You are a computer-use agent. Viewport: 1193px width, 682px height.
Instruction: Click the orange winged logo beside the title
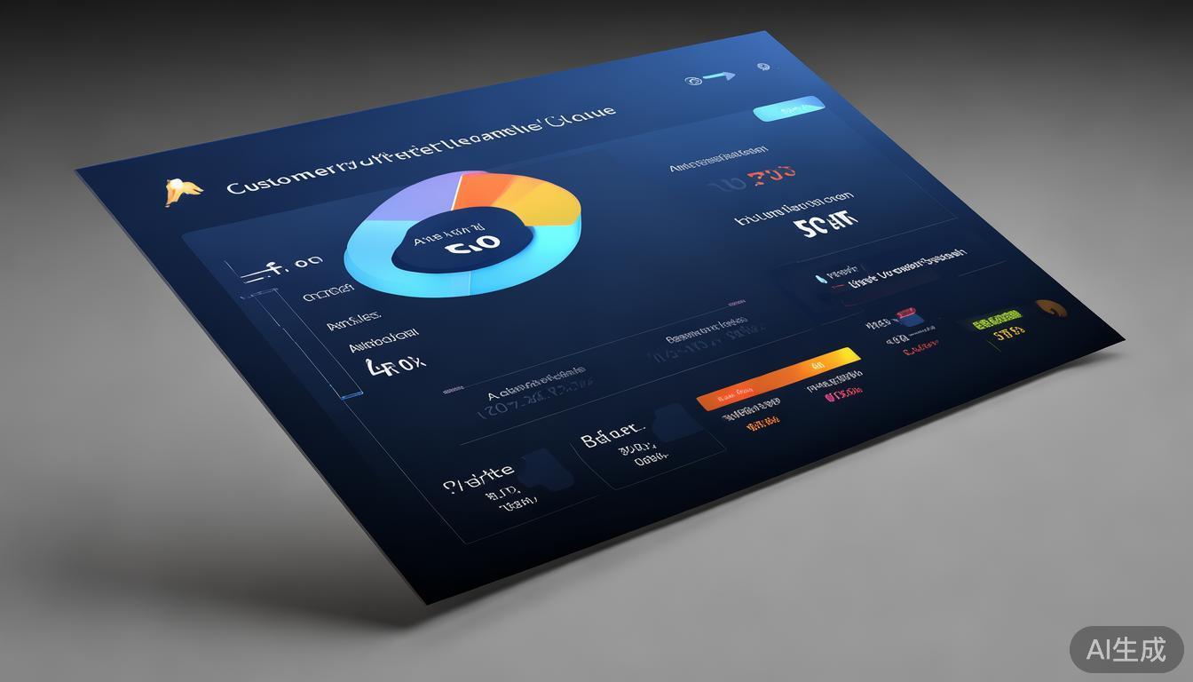coord(182,190)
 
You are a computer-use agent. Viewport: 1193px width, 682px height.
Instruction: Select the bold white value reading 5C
coord(826,225)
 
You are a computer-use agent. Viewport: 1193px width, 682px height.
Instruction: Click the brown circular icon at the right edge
coord(1052,310)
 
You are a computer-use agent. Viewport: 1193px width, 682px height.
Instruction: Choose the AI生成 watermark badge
coord(1126,649)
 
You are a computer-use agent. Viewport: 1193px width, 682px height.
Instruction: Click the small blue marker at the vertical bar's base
coord(352,394)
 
